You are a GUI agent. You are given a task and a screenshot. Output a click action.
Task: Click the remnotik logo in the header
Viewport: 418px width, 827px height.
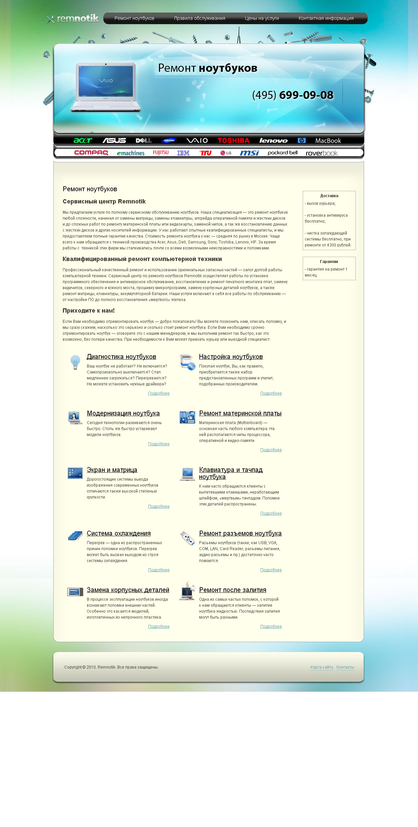pyautogui.click(x=73, y=19)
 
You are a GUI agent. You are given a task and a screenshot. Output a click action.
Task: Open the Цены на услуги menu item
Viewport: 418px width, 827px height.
pyautogui.click(x=262, y=19)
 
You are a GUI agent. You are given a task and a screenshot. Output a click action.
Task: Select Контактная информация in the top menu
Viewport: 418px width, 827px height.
pyautogui.click(x=326, y=19)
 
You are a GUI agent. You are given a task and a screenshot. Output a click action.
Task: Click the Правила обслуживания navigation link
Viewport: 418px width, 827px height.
pyautogui.click(x=199, y=19)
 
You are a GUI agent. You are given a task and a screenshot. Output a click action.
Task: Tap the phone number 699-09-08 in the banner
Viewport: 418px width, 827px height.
pyautogui.click(x=306, y=95)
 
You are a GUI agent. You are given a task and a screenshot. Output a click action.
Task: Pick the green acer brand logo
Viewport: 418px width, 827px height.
pyautogui.click(x=83, y=141)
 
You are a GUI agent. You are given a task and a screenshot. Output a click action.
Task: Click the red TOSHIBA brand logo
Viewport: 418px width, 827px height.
pyautogui.click(x=233, y=141)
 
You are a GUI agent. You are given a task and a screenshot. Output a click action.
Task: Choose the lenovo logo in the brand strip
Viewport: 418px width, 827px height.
pyautogui.click(x=273, y=141)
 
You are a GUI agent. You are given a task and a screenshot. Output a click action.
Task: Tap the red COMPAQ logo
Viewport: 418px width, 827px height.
pyautogui.click(x=91, y=153)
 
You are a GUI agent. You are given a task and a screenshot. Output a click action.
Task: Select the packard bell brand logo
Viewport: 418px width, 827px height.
pyautogui.click(x=283, y=153)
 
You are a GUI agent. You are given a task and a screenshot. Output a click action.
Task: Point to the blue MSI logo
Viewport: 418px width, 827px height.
pyautogui.click(x=249, y=153)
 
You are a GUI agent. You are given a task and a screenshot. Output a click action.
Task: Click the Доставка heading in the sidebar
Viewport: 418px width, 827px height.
pyautogui.click(x=329, y=196)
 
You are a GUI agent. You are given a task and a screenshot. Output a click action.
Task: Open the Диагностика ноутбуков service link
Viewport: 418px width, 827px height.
pyautogui.click(x=121, y=357)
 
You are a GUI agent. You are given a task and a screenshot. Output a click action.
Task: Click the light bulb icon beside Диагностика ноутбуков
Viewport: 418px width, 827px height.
pyautogui.click(x=75, y=362)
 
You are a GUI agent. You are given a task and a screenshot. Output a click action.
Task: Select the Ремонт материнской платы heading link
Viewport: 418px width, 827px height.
pyautogui.click(x=240, y=413)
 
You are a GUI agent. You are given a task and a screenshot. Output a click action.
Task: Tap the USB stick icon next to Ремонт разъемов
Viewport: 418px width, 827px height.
pyautogui.click(x=187, y=538)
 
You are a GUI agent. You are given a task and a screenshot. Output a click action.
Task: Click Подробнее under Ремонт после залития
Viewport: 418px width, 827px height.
pyautogui.click(x=271, y=627)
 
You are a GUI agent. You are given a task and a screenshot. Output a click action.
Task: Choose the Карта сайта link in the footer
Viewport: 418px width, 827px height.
pyautogui.click(x=322, y=667)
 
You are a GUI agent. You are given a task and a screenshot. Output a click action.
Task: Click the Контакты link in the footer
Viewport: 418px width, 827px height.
pyautogui.click(x=345, y=667)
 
